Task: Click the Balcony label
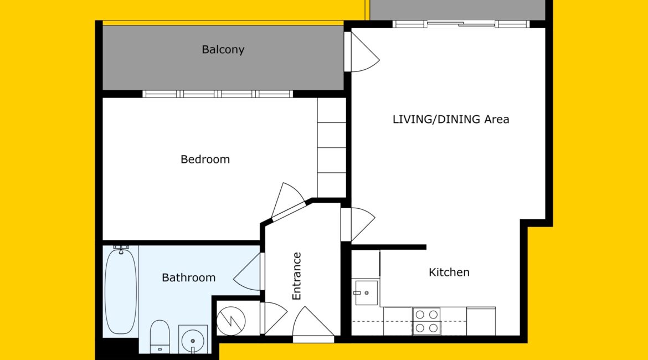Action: [223, 50]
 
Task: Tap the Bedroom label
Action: [205, 159]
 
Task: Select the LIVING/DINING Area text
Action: [450, 120]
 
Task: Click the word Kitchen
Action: [449, 272]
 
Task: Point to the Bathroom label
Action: [188, 277]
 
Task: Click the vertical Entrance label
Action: [296, 276]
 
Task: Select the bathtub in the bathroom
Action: [120, 290]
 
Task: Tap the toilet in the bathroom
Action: [160, 336]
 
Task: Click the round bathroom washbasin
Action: [193, 340]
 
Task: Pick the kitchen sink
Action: [366, 293]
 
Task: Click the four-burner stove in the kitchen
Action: [426, 321]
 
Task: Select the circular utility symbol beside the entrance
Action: [231, 321]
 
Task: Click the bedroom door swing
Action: [288, 201]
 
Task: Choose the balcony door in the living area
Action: [362, 52]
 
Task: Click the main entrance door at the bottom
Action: [313, 325]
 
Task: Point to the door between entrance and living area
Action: [358, 224]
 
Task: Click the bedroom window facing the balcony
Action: [218, 94]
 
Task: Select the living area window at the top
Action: [461, 24]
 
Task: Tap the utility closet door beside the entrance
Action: [274, 318]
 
